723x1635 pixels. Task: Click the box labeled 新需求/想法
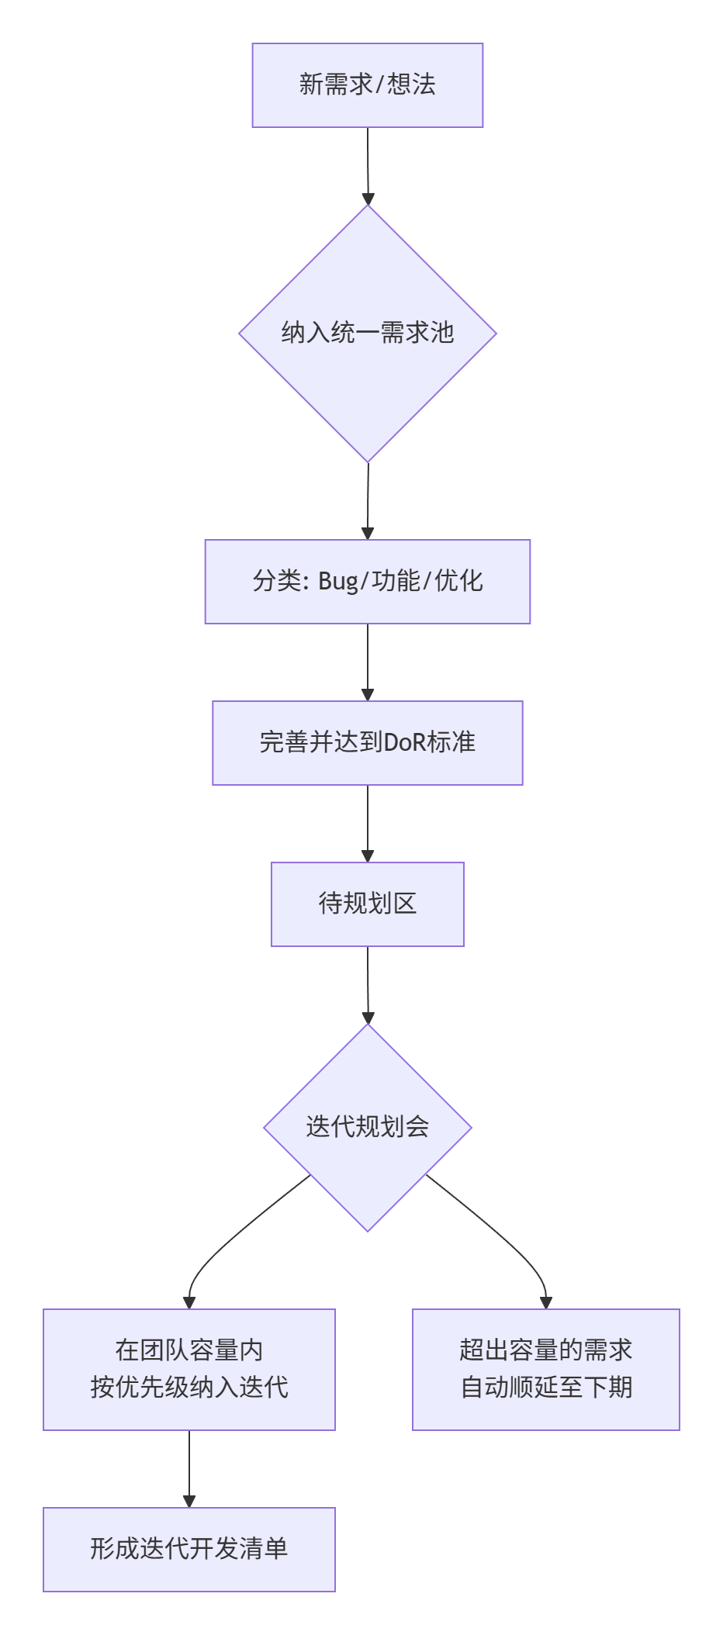(367, 85)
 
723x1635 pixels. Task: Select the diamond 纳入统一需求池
(367, 334)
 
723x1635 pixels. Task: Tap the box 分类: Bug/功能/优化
(367, 582)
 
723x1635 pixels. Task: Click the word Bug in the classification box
(337, 582)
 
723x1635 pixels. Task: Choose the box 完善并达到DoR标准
(367, 743)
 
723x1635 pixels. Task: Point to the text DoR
(405, 743)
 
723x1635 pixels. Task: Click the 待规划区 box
(367, 904)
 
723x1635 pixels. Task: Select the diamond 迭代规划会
(367, 1127)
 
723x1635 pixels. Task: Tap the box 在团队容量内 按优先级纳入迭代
(189, 1369)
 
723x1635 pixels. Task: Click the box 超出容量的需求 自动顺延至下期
(545, 1369)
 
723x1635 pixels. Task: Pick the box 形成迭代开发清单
(189, 1549)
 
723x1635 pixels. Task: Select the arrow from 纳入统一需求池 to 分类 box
(368, 500)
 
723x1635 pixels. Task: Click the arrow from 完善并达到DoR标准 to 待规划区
(368, 823)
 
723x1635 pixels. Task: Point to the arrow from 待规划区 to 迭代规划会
(368, 984)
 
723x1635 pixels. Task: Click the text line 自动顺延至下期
(546, 1388)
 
